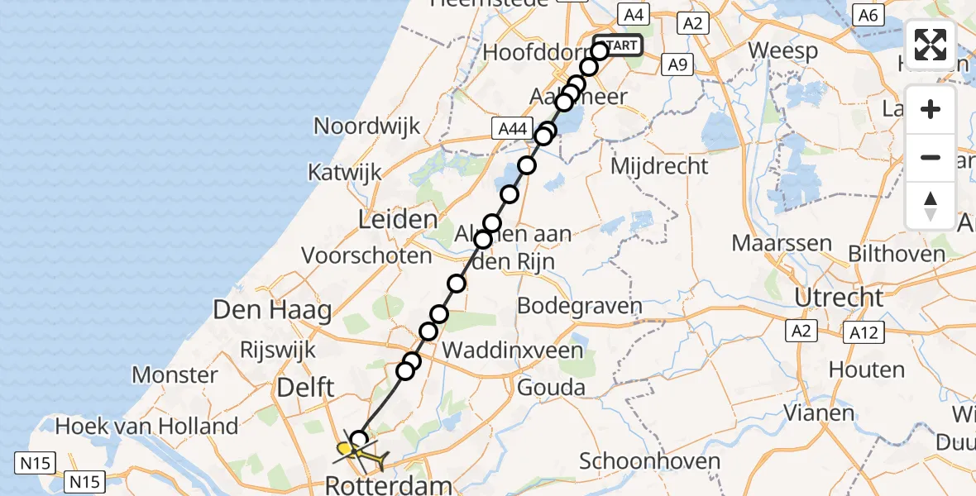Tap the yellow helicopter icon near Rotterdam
tap(359, 452)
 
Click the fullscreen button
tap(931, 45)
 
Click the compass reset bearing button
tap(931, 206)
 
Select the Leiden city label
tap(397, 220)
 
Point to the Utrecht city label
tap(839, 297)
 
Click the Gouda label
tap(551, 387)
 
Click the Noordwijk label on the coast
tap(366, 126)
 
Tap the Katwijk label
tap(344, 173)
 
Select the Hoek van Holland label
tap(146, 427)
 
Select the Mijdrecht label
tap(659, 166)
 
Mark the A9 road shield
tap(677, 64)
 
